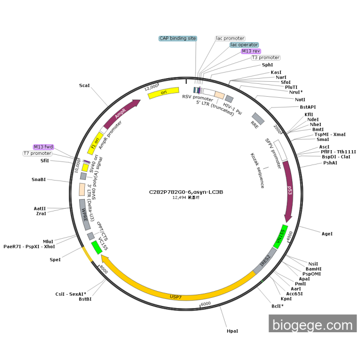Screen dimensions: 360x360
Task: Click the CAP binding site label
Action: click(x=177, y=38)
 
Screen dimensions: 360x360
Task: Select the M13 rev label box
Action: click(x=251, y=51)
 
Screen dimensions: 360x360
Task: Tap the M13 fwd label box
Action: click(x=43, y=147)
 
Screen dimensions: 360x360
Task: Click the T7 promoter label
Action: click(x=38, y=153)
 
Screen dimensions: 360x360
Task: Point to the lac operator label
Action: click(x=244, y=45)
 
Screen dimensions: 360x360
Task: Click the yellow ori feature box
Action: click(x=164, y=93)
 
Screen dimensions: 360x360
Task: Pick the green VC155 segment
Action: click(x=96, y=247)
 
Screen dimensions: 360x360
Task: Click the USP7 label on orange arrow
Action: click(x=176, y=297)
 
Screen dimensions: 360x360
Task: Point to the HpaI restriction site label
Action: click(x=232, y=332)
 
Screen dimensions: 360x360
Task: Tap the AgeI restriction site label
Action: click(x=327, y=233)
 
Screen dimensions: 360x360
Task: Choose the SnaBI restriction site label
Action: click(x=39, y=179)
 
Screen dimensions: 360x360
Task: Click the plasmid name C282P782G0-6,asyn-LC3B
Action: click(x=186, y=192)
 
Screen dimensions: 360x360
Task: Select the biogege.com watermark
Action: click(x=312, y=325)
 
